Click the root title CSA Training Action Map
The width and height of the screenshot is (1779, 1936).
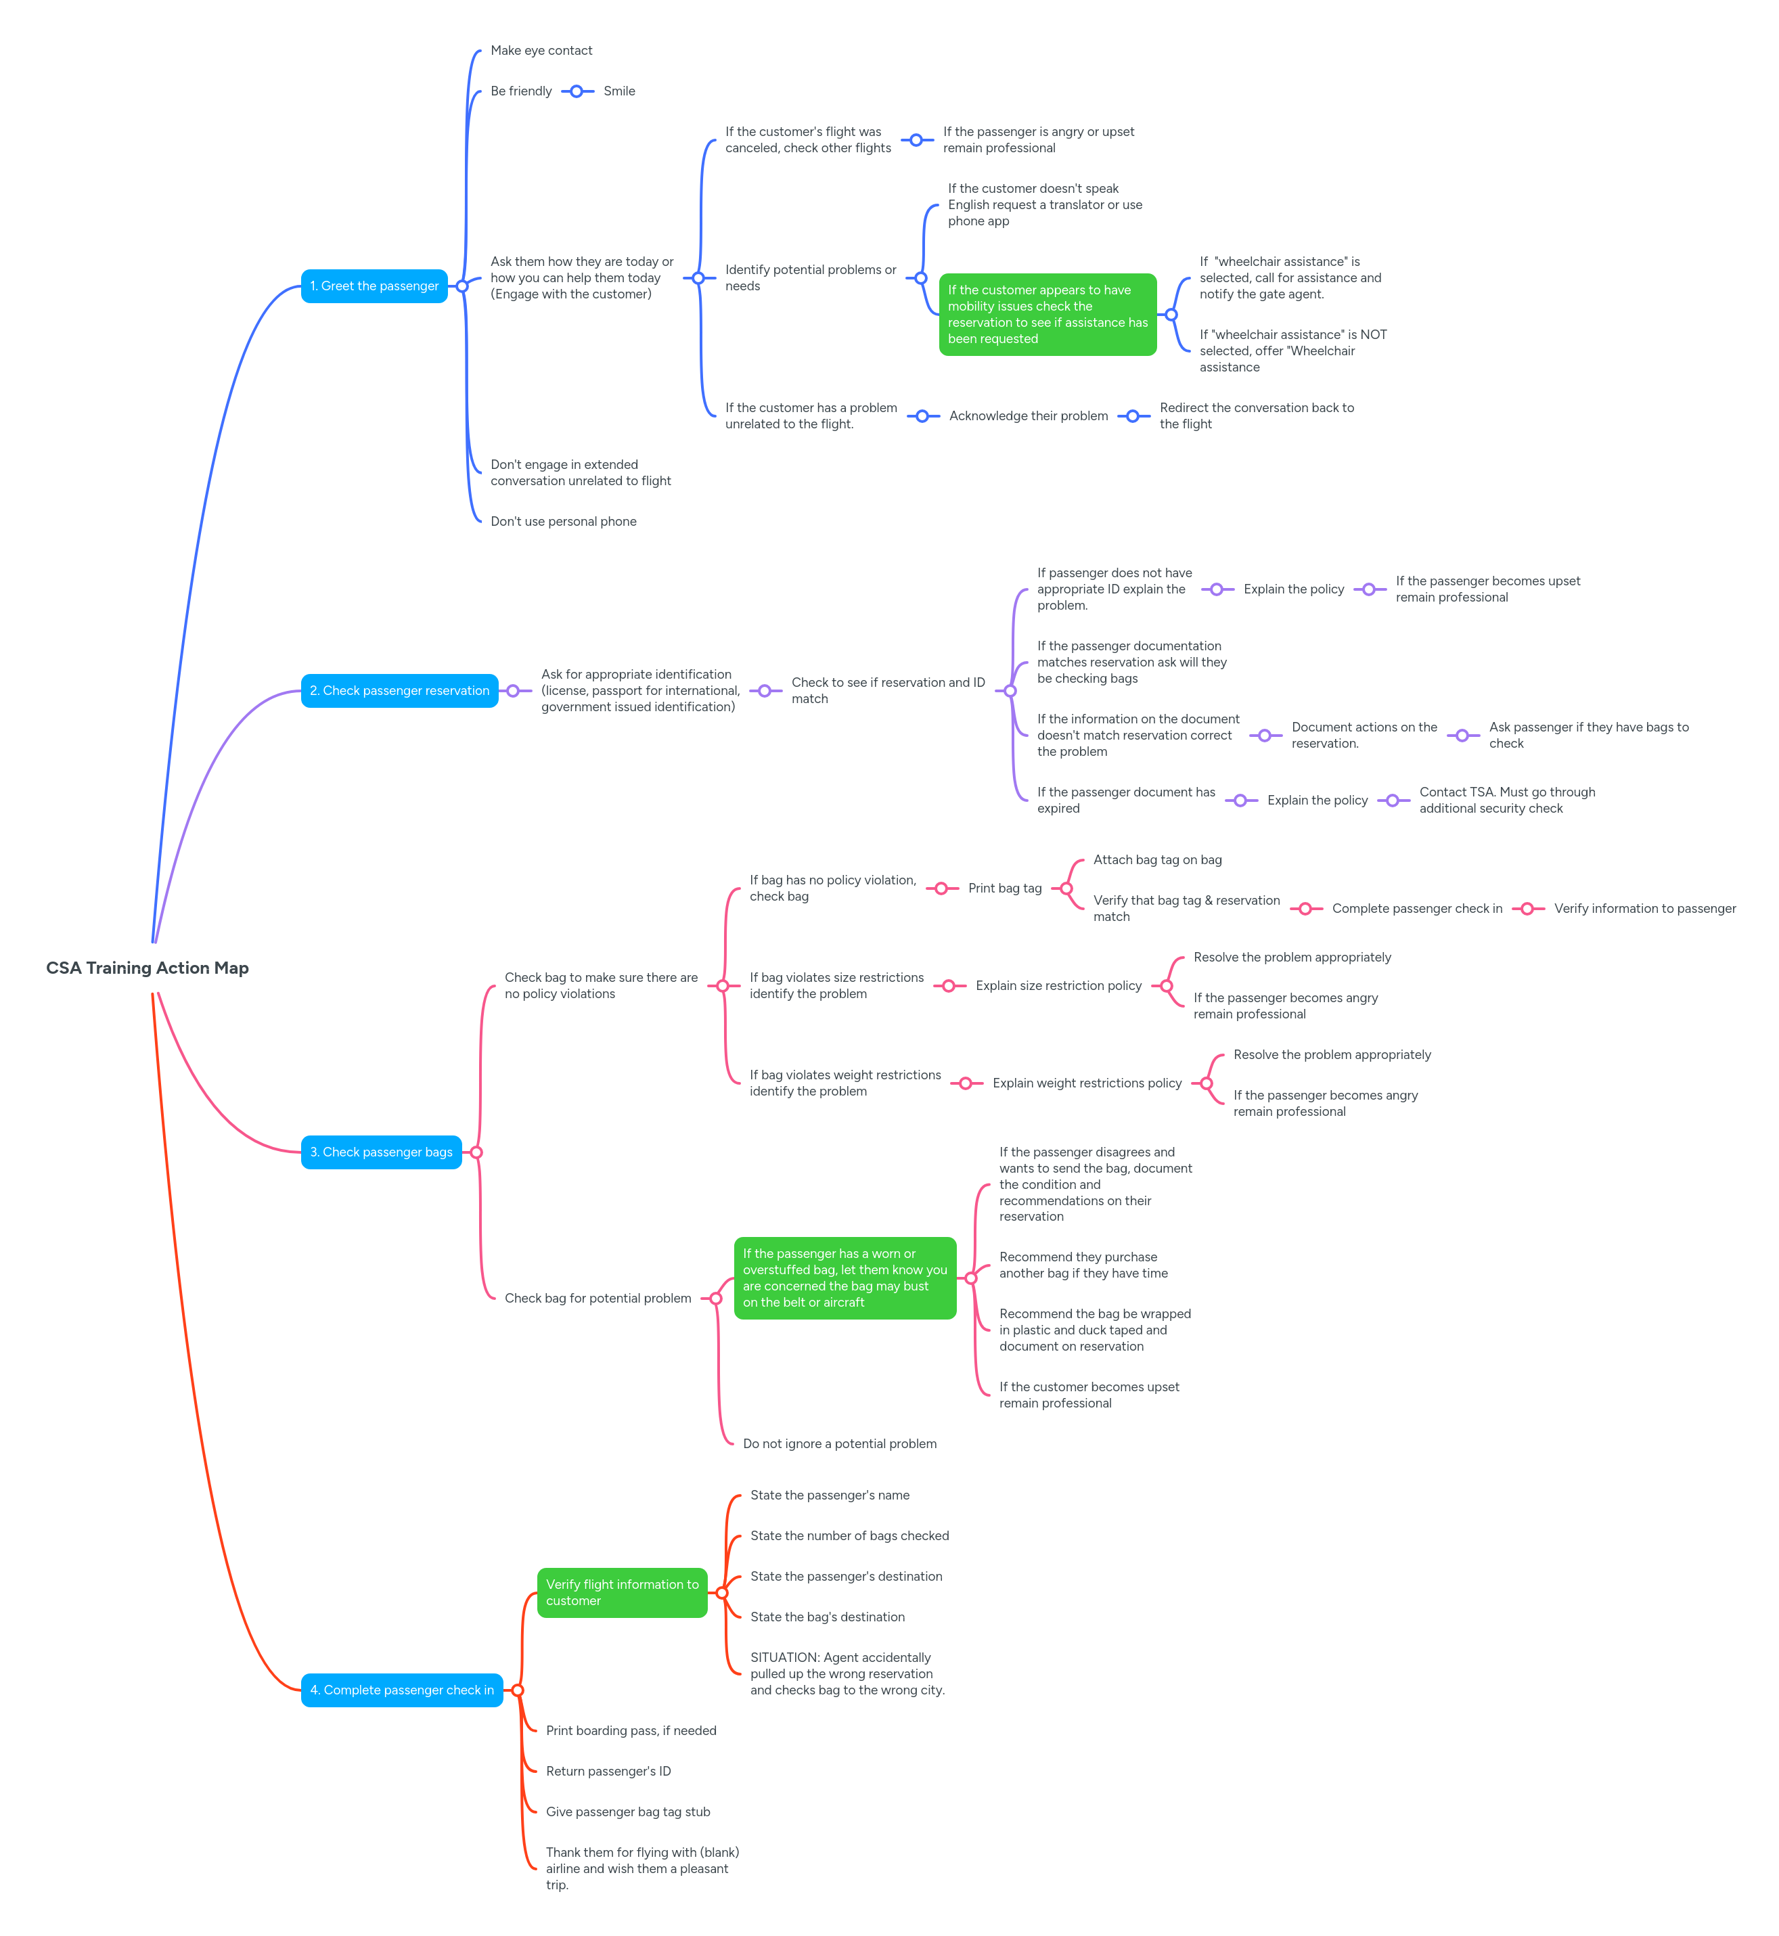(x=148, y=968)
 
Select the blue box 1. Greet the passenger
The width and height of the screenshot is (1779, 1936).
(x=374, y=286)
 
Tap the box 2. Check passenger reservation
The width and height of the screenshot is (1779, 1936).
(x=399, y=690)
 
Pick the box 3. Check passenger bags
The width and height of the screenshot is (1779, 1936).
(x=380, y=1152)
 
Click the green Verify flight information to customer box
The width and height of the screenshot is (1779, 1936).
(x=622, y=1592)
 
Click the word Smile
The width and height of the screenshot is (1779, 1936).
(x=619, y=91)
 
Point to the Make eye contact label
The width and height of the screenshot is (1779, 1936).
(x=541, y=51)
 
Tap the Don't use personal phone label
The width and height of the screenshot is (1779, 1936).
(x=563, y=522)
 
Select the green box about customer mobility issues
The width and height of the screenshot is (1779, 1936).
(x=1048, y=315)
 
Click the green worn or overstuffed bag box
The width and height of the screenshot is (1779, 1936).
(x=845, y=1278)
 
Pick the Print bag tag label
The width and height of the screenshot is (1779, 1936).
(x=1004, y=888)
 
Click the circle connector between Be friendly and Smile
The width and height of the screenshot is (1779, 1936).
(x=577, y=91)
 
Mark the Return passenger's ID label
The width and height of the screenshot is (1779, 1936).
(x=608, y=1772)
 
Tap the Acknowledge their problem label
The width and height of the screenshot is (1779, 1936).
(x=1028, y=416)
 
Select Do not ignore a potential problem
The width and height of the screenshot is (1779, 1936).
(x=840, y=1444)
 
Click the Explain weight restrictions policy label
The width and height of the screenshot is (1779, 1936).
(x=1087, y=1083)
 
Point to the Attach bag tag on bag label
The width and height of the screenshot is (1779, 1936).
(x=1157, y=859)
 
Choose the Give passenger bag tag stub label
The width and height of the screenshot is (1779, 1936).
(x=628, y=1811)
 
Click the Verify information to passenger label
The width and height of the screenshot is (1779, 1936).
(x=1644, y=909)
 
